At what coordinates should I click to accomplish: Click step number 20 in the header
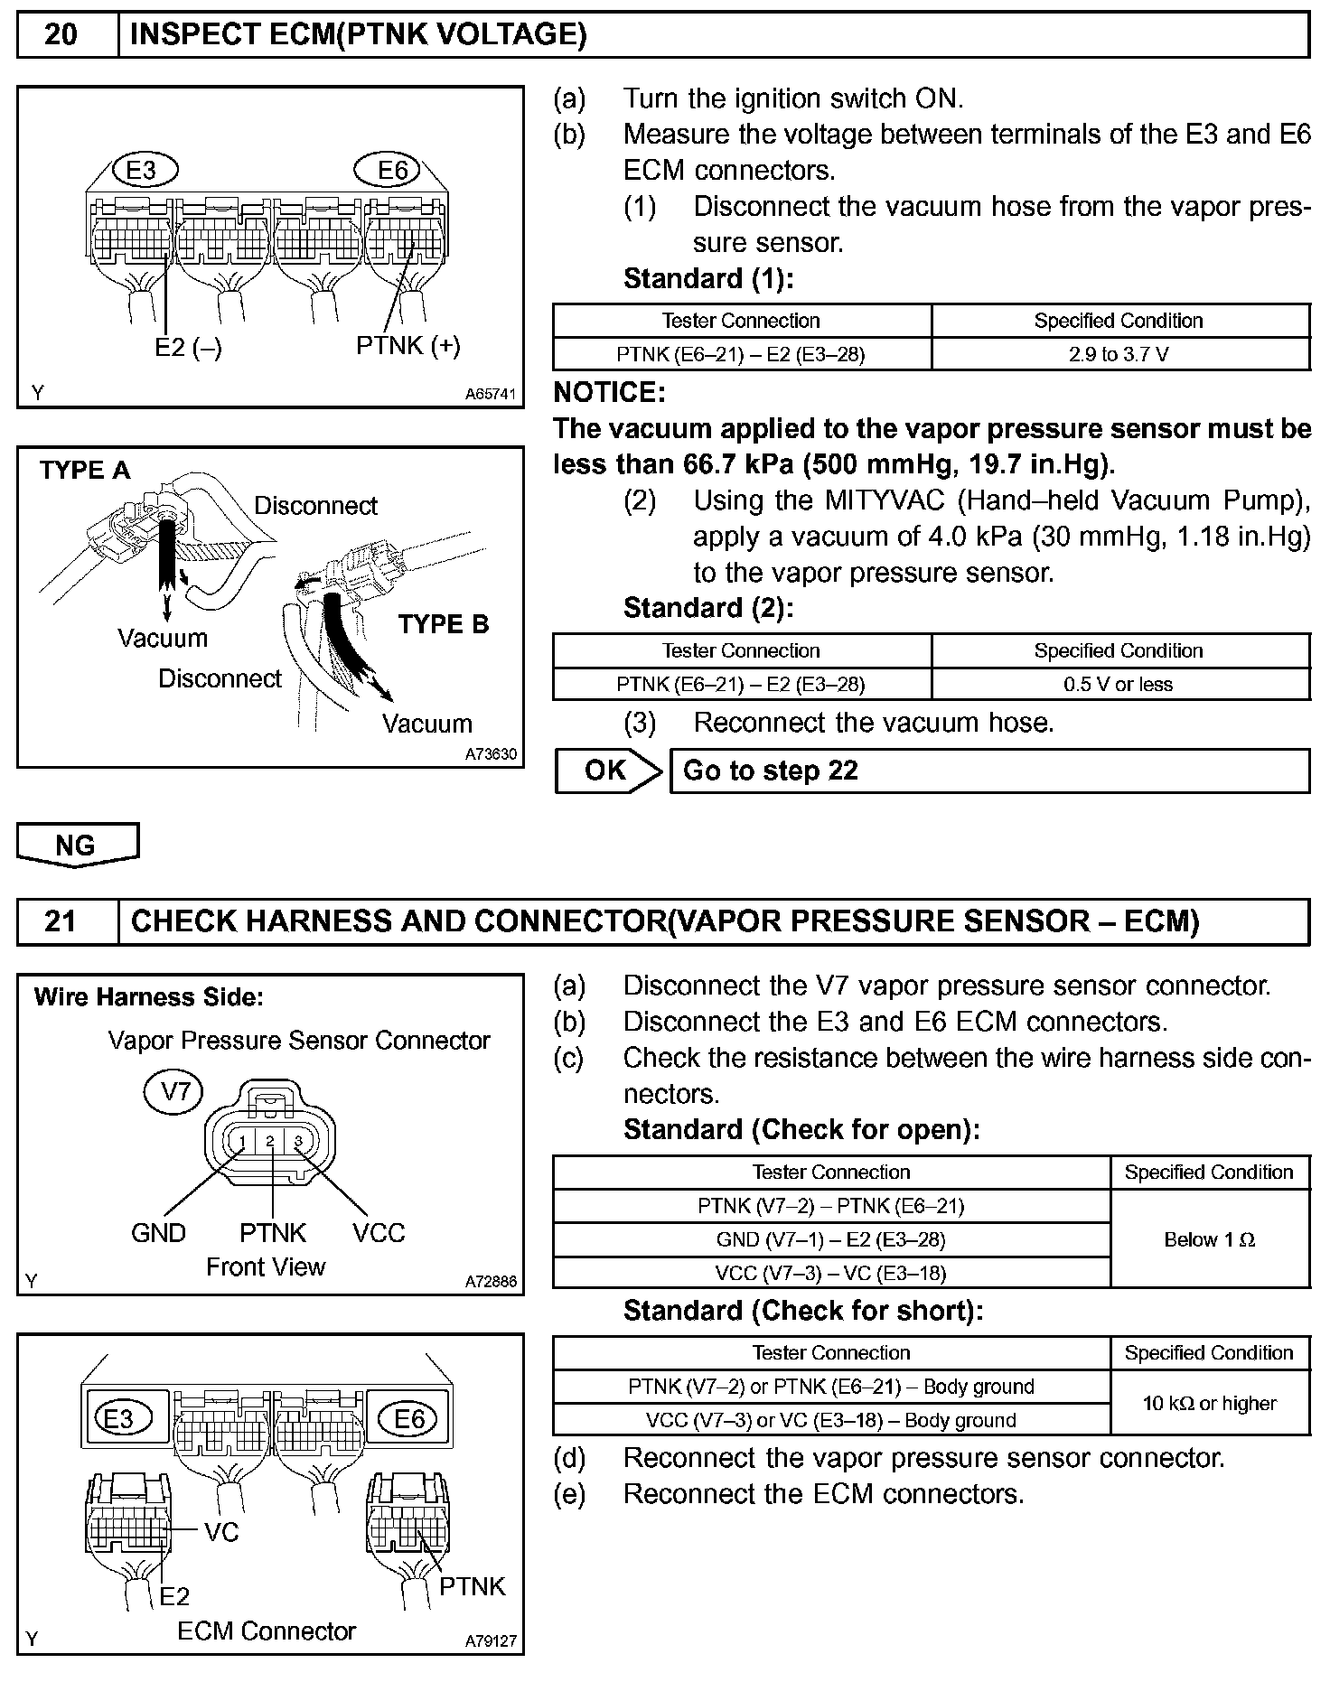pos(61,35)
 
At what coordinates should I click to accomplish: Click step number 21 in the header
pos(61,921)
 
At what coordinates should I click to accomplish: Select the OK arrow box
pos(606,771)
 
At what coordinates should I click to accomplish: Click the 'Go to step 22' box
pos(988,771)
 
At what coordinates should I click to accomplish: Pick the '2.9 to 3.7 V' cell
pos(1119,354)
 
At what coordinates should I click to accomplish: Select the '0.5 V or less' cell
pos(1119,684)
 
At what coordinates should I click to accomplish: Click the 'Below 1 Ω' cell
pos(1209,1239)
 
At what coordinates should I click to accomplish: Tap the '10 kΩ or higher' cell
pos(1209,1403)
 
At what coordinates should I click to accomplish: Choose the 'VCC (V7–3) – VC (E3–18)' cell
pos(830,1273)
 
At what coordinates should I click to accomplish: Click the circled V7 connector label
pos(174,1092)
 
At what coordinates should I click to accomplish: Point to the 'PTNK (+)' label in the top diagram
pos(407,345)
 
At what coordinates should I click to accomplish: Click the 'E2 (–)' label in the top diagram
pos(188,348)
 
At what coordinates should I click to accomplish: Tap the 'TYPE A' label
pos(85,470)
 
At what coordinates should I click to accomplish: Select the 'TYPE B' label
pos(443,623)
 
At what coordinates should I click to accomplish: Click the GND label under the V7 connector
pos(158,1233)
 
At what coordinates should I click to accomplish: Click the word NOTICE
pos(608,392)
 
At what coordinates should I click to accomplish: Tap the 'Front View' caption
pos(265,1266)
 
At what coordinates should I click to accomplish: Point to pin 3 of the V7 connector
pos(298,1142)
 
